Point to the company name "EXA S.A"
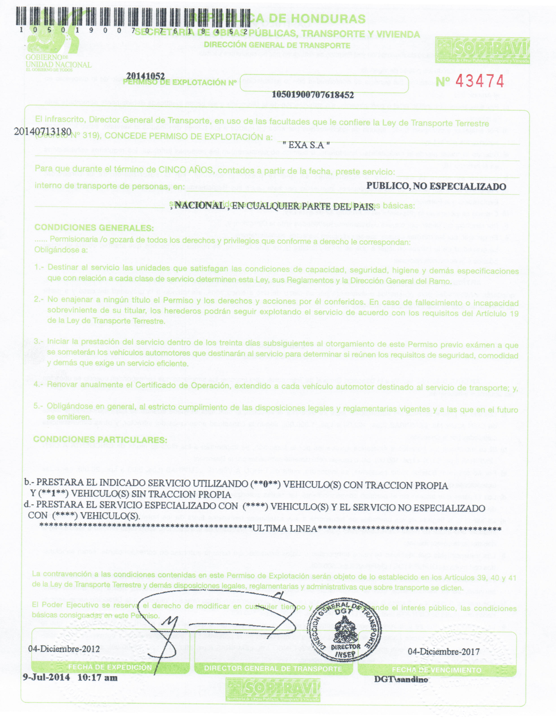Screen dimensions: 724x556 pos(306,145)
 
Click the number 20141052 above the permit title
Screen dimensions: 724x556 pos(146,76)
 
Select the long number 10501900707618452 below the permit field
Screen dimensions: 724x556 pos(313,95)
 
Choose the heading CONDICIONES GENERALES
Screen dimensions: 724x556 pos(94,228)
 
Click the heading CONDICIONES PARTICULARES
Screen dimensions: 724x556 pos(100,439)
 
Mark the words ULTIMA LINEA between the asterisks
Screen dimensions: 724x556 pos(285,528)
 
